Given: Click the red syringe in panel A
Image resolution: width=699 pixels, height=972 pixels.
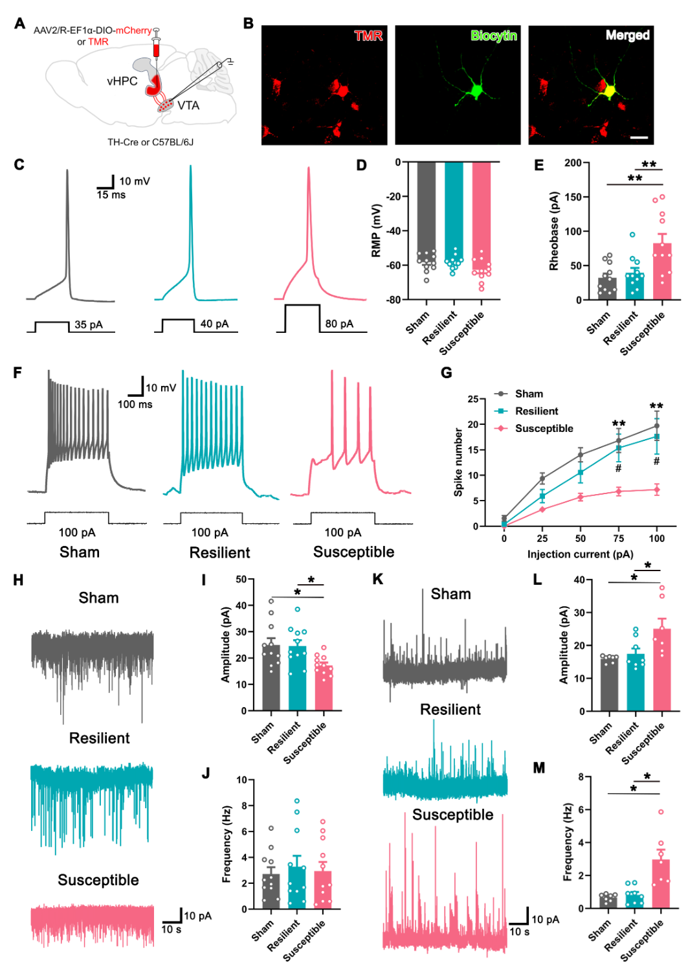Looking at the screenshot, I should coord(155,47).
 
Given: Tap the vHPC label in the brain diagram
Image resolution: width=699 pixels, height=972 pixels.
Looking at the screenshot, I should coord(122,81).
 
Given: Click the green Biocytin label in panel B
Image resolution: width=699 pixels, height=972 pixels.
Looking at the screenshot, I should coord(493,36).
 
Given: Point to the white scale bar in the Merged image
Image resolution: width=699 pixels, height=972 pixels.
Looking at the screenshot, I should coord(639,137).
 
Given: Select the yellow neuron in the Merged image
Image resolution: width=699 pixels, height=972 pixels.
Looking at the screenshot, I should coord(608,88).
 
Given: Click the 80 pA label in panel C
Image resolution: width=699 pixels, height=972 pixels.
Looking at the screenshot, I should coord(339,324).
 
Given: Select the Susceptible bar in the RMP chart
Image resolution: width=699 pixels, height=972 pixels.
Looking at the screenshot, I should coord(482,220).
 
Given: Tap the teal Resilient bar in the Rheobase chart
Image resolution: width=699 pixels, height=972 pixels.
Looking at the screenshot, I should coord(634,286).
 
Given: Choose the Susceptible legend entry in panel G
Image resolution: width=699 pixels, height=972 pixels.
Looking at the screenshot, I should coord(544,428).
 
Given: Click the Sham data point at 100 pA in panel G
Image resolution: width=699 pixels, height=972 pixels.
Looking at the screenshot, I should coord(657,425).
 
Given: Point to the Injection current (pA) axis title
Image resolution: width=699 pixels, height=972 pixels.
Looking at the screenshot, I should coord(580,554).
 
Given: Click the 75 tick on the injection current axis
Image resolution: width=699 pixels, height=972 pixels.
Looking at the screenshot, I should coord(619,538).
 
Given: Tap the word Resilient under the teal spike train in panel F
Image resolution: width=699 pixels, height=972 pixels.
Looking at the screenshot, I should coord(219,552).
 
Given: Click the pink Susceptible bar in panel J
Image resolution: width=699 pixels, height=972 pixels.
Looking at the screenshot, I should coord(323,890).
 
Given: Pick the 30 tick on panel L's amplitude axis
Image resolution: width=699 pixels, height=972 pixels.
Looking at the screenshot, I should coord(580,613).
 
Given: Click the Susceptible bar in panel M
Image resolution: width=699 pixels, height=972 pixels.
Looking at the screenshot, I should coord(661,884).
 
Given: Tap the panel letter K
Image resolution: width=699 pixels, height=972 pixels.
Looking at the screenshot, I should coord(378,579).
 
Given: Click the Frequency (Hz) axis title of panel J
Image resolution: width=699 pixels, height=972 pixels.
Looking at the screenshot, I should coord(227,844).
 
